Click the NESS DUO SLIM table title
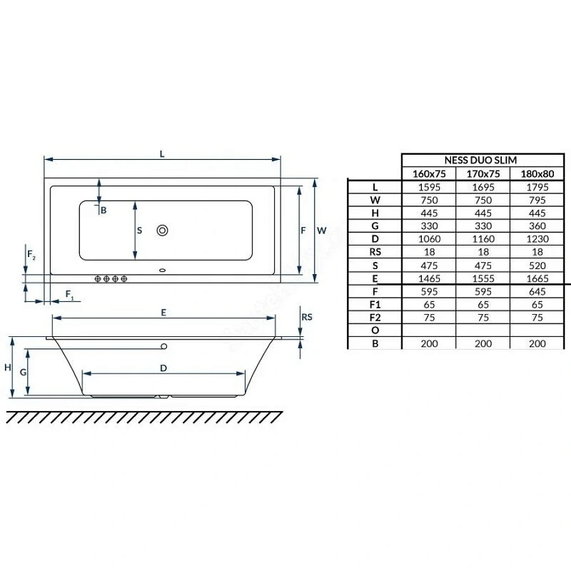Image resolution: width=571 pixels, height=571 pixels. [480, 161]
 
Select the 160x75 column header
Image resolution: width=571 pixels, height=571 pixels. [429, 174]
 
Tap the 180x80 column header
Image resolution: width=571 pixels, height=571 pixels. [537, 174]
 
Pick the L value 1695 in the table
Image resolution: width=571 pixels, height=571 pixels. [483, 187]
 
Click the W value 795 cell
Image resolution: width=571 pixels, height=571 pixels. [537, 200]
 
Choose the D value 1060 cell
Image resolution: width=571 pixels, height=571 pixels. [430, 239]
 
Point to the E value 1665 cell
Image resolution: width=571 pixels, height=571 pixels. [537, 279]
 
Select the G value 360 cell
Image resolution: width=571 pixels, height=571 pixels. [537, 226]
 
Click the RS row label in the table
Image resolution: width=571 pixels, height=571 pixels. [375, 252]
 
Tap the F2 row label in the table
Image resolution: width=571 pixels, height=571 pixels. [375, 318]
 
